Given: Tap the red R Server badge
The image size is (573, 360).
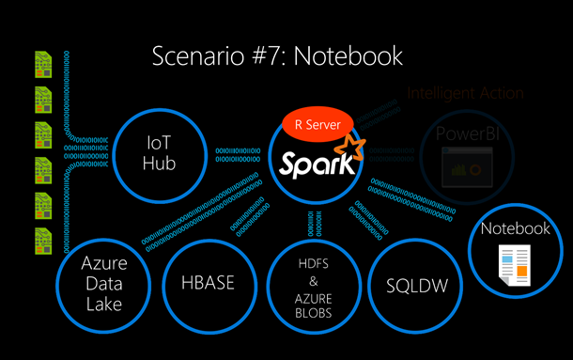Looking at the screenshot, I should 317,123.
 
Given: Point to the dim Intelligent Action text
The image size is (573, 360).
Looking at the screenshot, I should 465,93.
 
